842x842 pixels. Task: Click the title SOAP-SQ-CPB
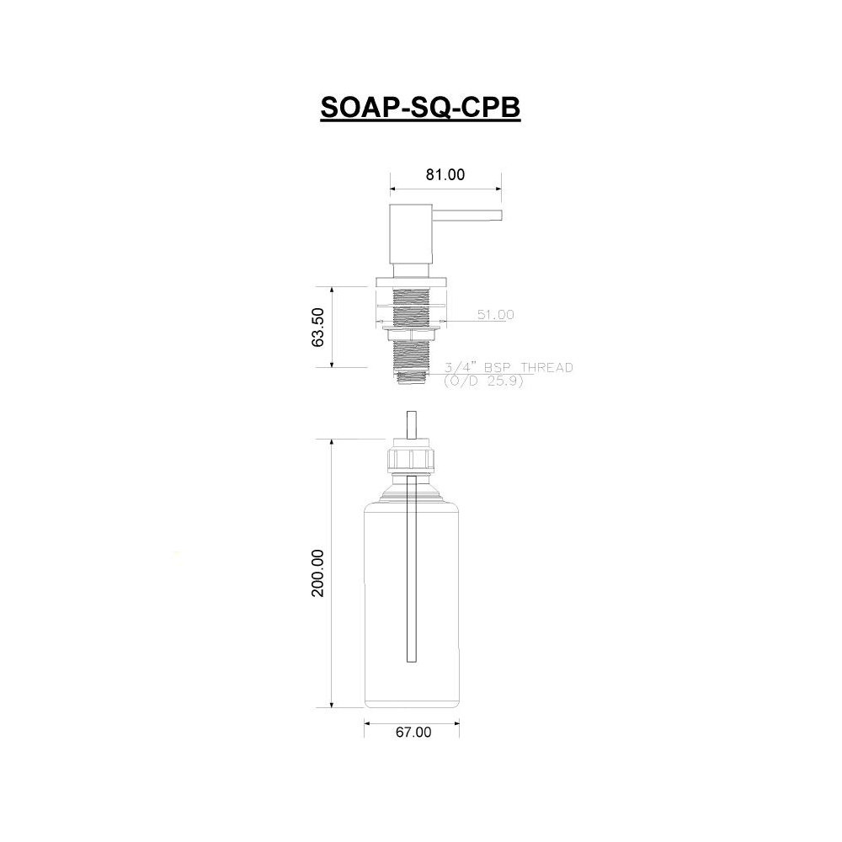point(420,108)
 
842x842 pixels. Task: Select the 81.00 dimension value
point(445,174)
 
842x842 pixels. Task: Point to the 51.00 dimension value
point(496,315)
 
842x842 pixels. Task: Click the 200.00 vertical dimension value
point(317,573)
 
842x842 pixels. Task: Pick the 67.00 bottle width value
point(413,732)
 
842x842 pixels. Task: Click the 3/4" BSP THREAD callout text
point(509,367)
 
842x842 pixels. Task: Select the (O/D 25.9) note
point(483,381)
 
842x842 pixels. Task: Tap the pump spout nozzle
point(467,215)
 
